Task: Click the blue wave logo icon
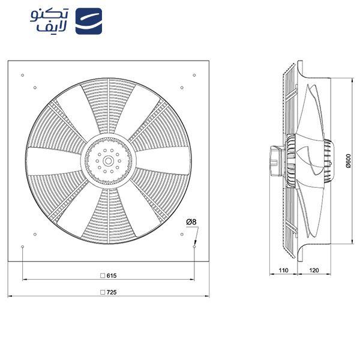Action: [90, 22]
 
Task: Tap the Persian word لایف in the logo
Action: [58, 29]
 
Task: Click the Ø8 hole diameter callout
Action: [191, 223]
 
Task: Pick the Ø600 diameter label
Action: [349, 160]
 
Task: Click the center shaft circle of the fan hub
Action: [108, 160]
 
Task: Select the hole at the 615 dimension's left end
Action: [22, 247]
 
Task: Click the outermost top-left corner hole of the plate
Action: [22, 75]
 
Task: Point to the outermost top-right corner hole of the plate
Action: [194, 75]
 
